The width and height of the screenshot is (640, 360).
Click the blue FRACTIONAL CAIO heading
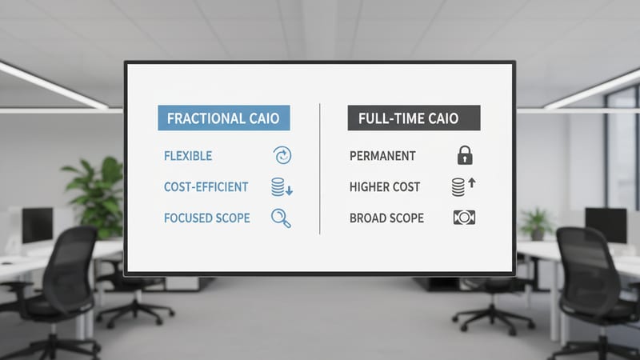click(x=223, y=118)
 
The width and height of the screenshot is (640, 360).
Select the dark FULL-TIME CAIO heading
click(x=414, y=118)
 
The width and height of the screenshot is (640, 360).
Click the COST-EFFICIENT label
click(x=206, y=187)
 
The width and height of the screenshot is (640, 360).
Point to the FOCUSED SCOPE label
click(x=206, y=218)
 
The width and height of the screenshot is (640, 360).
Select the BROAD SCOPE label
click(x=386, y=218)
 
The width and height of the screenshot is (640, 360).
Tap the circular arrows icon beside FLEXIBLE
click(x=282, y=155)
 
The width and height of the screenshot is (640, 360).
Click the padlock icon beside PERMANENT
click(x=464, y=155)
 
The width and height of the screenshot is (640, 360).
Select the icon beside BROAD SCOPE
click(x=464, y=218)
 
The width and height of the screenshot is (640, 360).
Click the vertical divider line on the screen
click(x=320, y=168)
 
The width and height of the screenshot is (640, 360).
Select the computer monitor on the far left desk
click(x=37, y=225)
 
